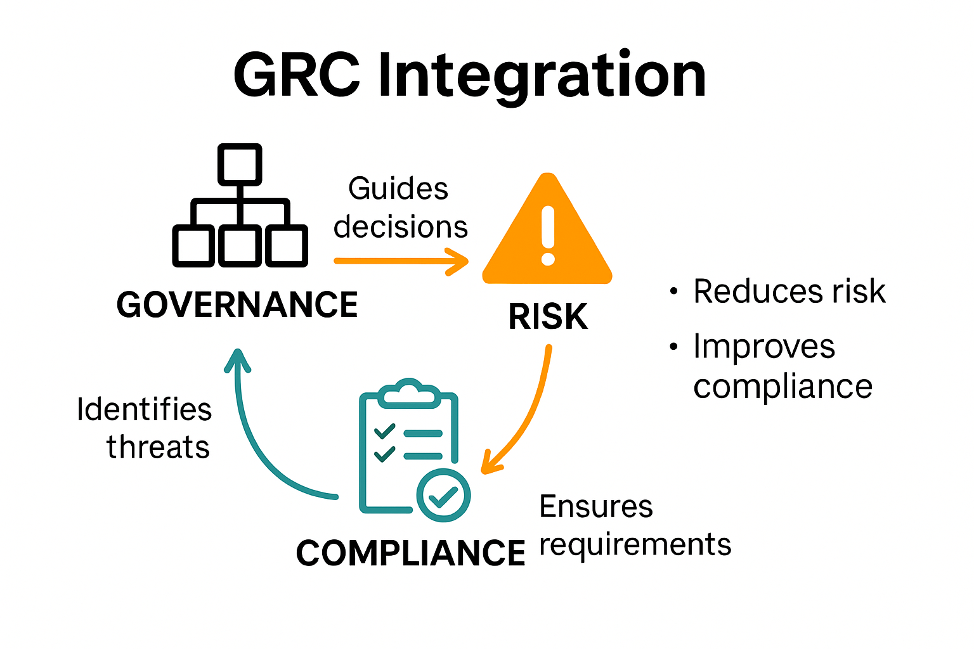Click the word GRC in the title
pos(297,75)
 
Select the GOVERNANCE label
pos(237,305)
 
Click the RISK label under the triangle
pos(548,317)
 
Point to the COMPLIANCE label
pos(410,553)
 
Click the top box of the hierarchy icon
pos(240,164)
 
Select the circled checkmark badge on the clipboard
pos(443,496)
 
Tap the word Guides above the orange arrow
pos(398,189)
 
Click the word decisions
pos(401,227)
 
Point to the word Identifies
pos(144,409)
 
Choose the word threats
pos(158,447)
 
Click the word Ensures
pos(596,506)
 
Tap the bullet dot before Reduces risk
pos(673,292)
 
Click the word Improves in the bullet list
pos(764,347)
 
